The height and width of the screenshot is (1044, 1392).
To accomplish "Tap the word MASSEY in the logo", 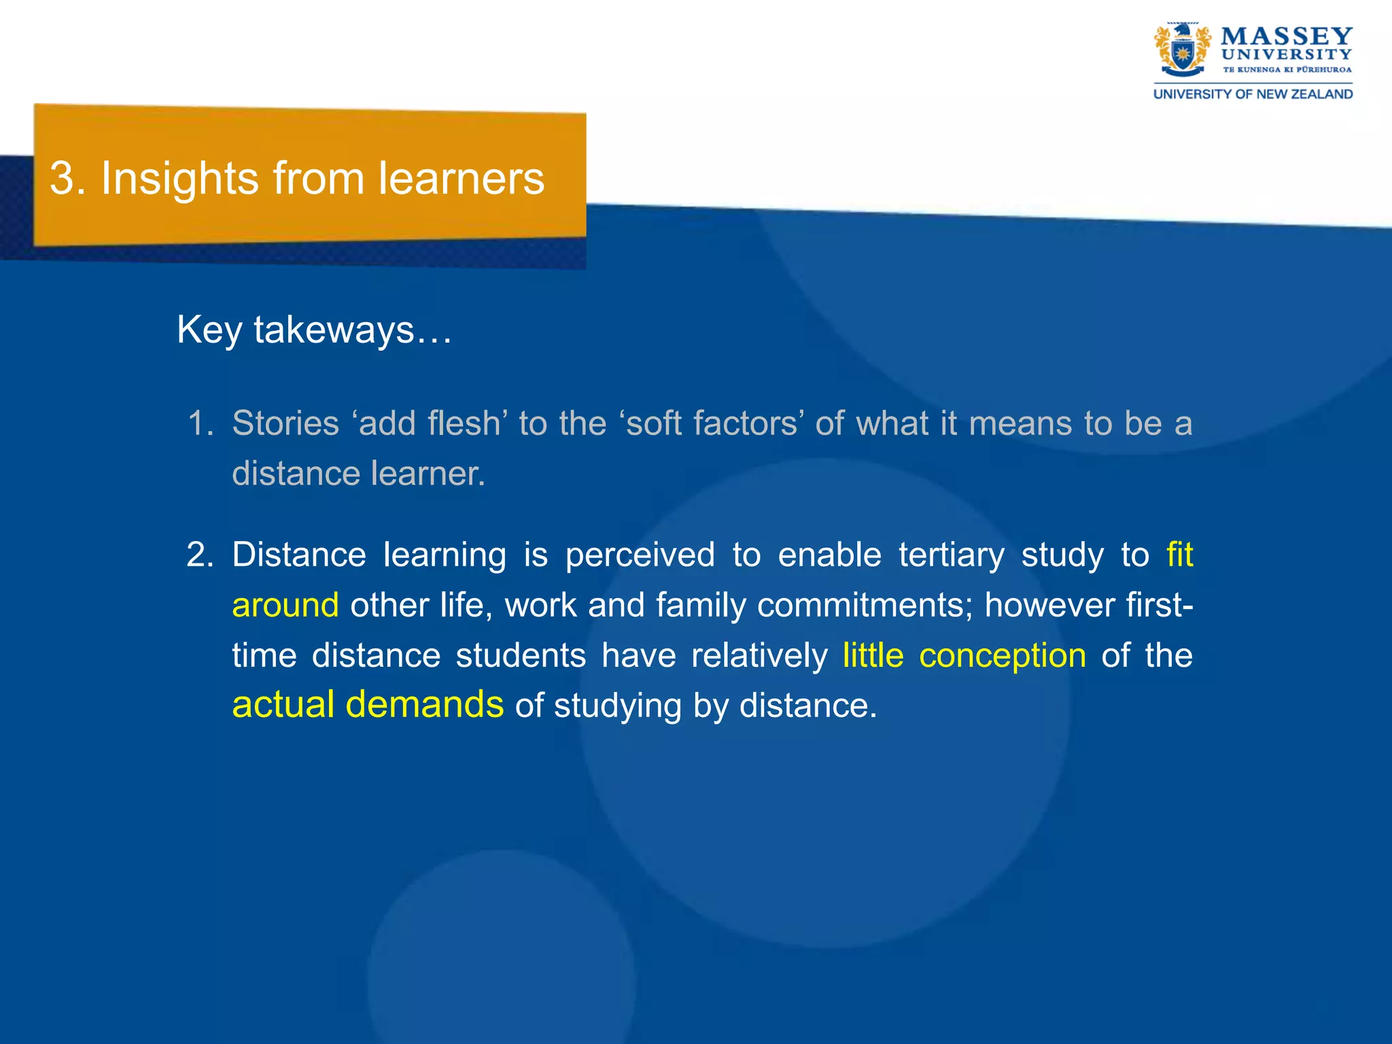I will [1286, 36].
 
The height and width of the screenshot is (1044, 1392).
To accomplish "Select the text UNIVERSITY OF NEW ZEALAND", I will [1253, 94].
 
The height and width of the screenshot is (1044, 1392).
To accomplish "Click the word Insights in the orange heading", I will [180, 179].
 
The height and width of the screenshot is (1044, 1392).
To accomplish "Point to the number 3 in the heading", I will [62, 179].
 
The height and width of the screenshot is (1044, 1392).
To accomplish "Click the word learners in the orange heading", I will [462, 179].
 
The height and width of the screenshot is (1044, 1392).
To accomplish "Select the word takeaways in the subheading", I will [334, 331].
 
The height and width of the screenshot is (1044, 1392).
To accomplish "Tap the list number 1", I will [199, 423].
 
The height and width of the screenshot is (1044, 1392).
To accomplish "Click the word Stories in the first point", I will [285, 423].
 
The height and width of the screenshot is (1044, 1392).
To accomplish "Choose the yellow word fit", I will [1179, 555].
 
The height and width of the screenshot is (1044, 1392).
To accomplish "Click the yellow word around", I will [285, 605].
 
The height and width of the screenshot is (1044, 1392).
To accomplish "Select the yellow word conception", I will [1003, 655].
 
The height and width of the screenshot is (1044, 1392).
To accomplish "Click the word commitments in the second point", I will [864, 605].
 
